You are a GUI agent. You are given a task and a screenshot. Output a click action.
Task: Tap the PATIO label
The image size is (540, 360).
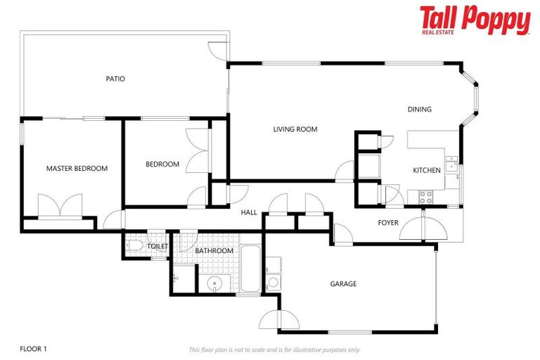115,79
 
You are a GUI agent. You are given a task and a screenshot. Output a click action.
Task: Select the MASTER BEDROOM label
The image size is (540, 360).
77,169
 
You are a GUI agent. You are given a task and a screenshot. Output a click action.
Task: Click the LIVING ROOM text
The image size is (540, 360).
295,129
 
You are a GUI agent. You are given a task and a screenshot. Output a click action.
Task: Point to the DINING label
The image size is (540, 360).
420,110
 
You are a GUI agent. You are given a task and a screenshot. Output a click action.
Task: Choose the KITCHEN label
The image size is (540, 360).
426,170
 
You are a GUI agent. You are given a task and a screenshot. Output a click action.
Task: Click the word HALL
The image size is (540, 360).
249,212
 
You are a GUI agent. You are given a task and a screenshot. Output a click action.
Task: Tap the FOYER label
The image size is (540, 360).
388,223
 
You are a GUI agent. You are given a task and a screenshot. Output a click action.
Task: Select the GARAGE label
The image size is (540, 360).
343,284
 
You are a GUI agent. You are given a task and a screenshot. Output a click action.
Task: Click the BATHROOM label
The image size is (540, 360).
214,251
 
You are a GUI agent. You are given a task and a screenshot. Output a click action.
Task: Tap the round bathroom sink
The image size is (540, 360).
217,284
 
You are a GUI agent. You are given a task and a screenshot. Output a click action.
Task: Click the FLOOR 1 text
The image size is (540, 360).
33,349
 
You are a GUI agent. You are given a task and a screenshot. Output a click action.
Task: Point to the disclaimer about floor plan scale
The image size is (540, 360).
274,349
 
